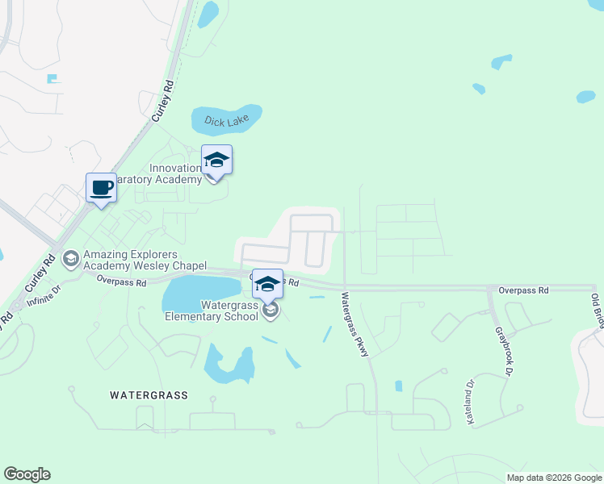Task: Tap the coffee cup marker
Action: (x=101, y=189)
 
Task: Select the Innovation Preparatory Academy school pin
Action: (x=216, y=161)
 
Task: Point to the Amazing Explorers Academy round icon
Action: (x=69, y=257)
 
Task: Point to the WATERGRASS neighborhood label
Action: (x=149, y=395)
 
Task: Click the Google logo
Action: (x=27, y=474)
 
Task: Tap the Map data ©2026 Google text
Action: (x=554, y=478)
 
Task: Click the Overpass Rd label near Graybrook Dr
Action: (x=523, y=290)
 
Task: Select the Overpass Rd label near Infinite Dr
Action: (x=121, y=282)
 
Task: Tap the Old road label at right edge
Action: (x=597, y=309)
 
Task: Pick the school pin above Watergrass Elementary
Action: (x=267, y=284)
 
